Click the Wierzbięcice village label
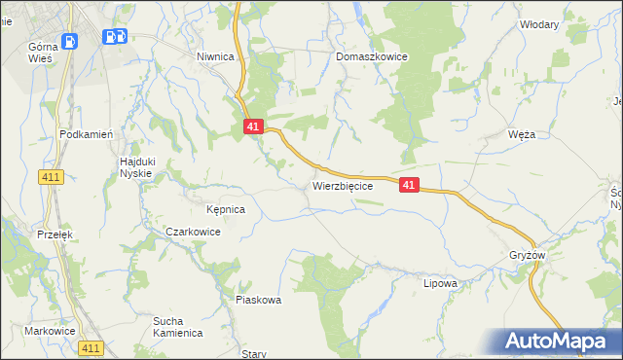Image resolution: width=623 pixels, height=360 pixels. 342,186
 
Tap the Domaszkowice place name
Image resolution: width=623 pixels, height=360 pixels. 371,57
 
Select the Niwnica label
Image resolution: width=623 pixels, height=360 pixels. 215,57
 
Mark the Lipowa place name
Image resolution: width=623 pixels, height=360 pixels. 440,283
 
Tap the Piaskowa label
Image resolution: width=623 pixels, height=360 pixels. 258,300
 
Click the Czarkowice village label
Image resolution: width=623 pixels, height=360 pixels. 193,233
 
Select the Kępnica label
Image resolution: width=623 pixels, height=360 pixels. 225,209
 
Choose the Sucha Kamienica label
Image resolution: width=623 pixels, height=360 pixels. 177,326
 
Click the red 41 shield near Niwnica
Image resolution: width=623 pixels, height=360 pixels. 253,126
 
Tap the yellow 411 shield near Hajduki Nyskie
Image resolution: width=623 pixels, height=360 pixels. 52,176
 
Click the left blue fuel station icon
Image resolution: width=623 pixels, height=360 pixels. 70,41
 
